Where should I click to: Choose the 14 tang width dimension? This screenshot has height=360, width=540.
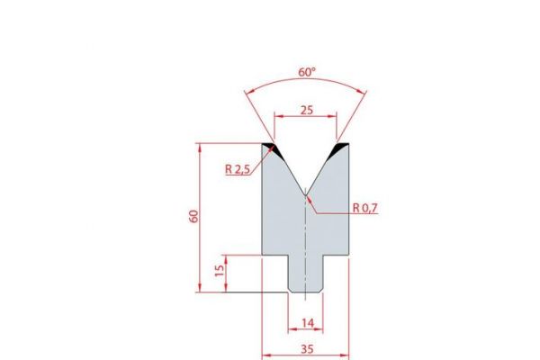[x=306, y=321]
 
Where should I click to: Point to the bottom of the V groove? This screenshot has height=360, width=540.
[x=306, y=191]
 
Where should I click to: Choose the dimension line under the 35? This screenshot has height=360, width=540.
[x=306, y=354]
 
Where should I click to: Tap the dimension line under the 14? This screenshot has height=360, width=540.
[x=306, y=329]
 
